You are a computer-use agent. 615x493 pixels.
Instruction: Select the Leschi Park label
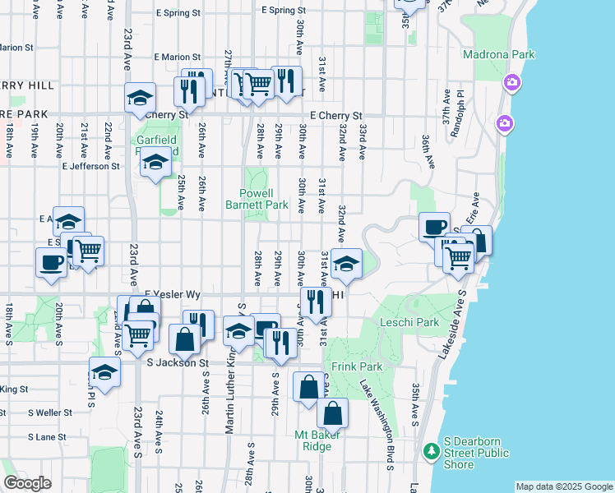click(409, 323)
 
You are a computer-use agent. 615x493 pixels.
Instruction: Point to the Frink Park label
click(351, 366)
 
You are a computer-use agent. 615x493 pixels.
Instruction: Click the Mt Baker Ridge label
click(313, 440)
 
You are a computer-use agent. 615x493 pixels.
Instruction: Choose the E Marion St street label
click(177, 58)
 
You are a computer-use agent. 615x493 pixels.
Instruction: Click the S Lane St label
click(46, 437)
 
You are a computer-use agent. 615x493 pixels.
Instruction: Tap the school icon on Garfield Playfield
click(155, 161)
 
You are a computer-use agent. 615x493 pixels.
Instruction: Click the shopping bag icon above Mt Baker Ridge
click(332, 412)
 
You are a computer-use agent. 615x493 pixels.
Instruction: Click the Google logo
click(27, 483)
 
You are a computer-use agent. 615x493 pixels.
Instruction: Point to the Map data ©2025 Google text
click(563, 486)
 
